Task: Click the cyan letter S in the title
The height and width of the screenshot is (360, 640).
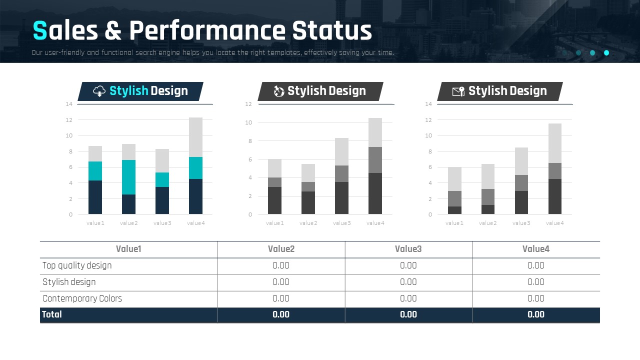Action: pyautogui.click(x=39, y=31)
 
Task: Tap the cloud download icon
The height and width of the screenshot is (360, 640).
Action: pyautogui.click(x=99, y=91)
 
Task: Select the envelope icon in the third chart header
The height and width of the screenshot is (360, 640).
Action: pyautogui.click(x=458, y=91)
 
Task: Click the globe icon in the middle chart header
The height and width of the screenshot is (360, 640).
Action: pyautogui.click(x=279, y=91)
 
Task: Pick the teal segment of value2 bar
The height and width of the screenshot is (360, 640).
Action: pyautogui.click(x=128, y=177)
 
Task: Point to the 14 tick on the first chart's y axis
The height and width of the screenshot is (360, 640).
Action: pyautogui.click(x=69, y=104)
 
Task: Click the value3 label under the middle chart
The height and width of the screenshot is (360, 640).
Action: pyautogui.click(x=341, y=223)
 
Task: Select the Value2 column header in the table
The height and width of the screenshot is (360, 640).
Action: pyautogui.click(x=281, y=249)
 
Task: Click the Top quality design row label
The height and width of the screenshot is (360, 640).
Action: pyautogui.click(x=77, y=265)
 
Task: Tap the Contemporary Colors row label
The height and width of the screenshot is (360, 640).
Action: pyautogui.click(x=82, y=298)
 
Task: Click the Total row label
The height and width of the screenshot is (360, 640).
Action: pyautogui.click(x=52, y=314)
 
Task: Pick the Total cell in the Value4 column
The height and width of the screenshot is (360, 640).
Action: pyautogui.click(x=535, y=314)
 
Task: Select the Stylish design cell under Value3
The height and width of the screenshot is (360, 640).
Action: pyautogui.click(x=408, y=282)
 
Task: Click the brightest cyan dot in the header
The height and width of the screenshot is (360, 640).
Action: pyautogui.click(x=606, y=52)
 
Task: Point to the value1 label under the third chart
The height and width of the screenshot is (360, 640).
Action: pyautogui.click(x=454, y=223)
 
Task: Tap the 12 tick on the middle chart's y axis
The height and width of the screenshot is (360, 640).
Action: pyautogui.click(x=248, y=104)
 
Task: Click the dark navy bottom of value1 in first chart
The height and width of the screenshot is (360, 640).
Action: pyautogui.click(x=95, y=197)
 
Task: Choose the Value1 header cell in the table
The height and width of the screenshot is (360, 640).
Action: pyautogui.click(x=128, y=249)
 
